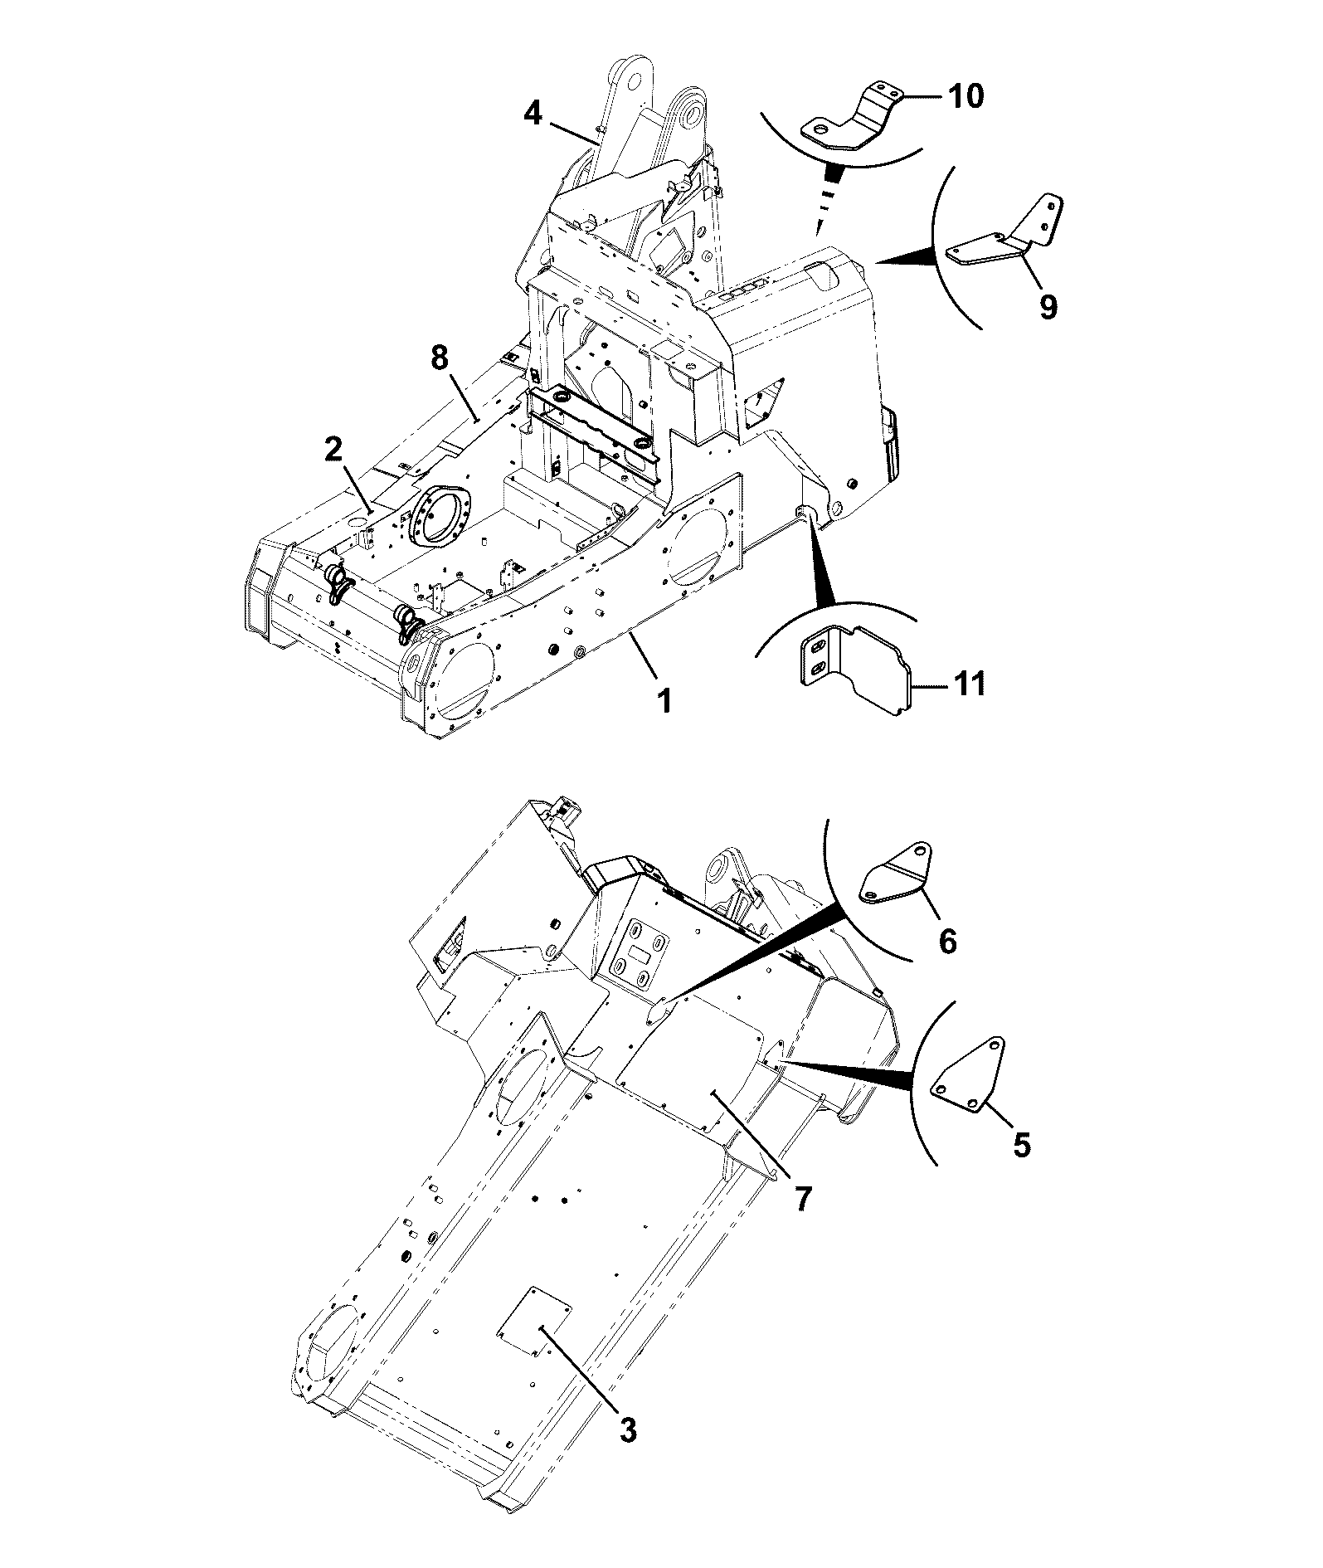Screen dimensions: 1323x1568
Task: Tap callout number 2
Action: point(333,450)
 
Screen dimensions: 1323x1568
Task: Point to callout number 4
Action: point(533,114)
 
